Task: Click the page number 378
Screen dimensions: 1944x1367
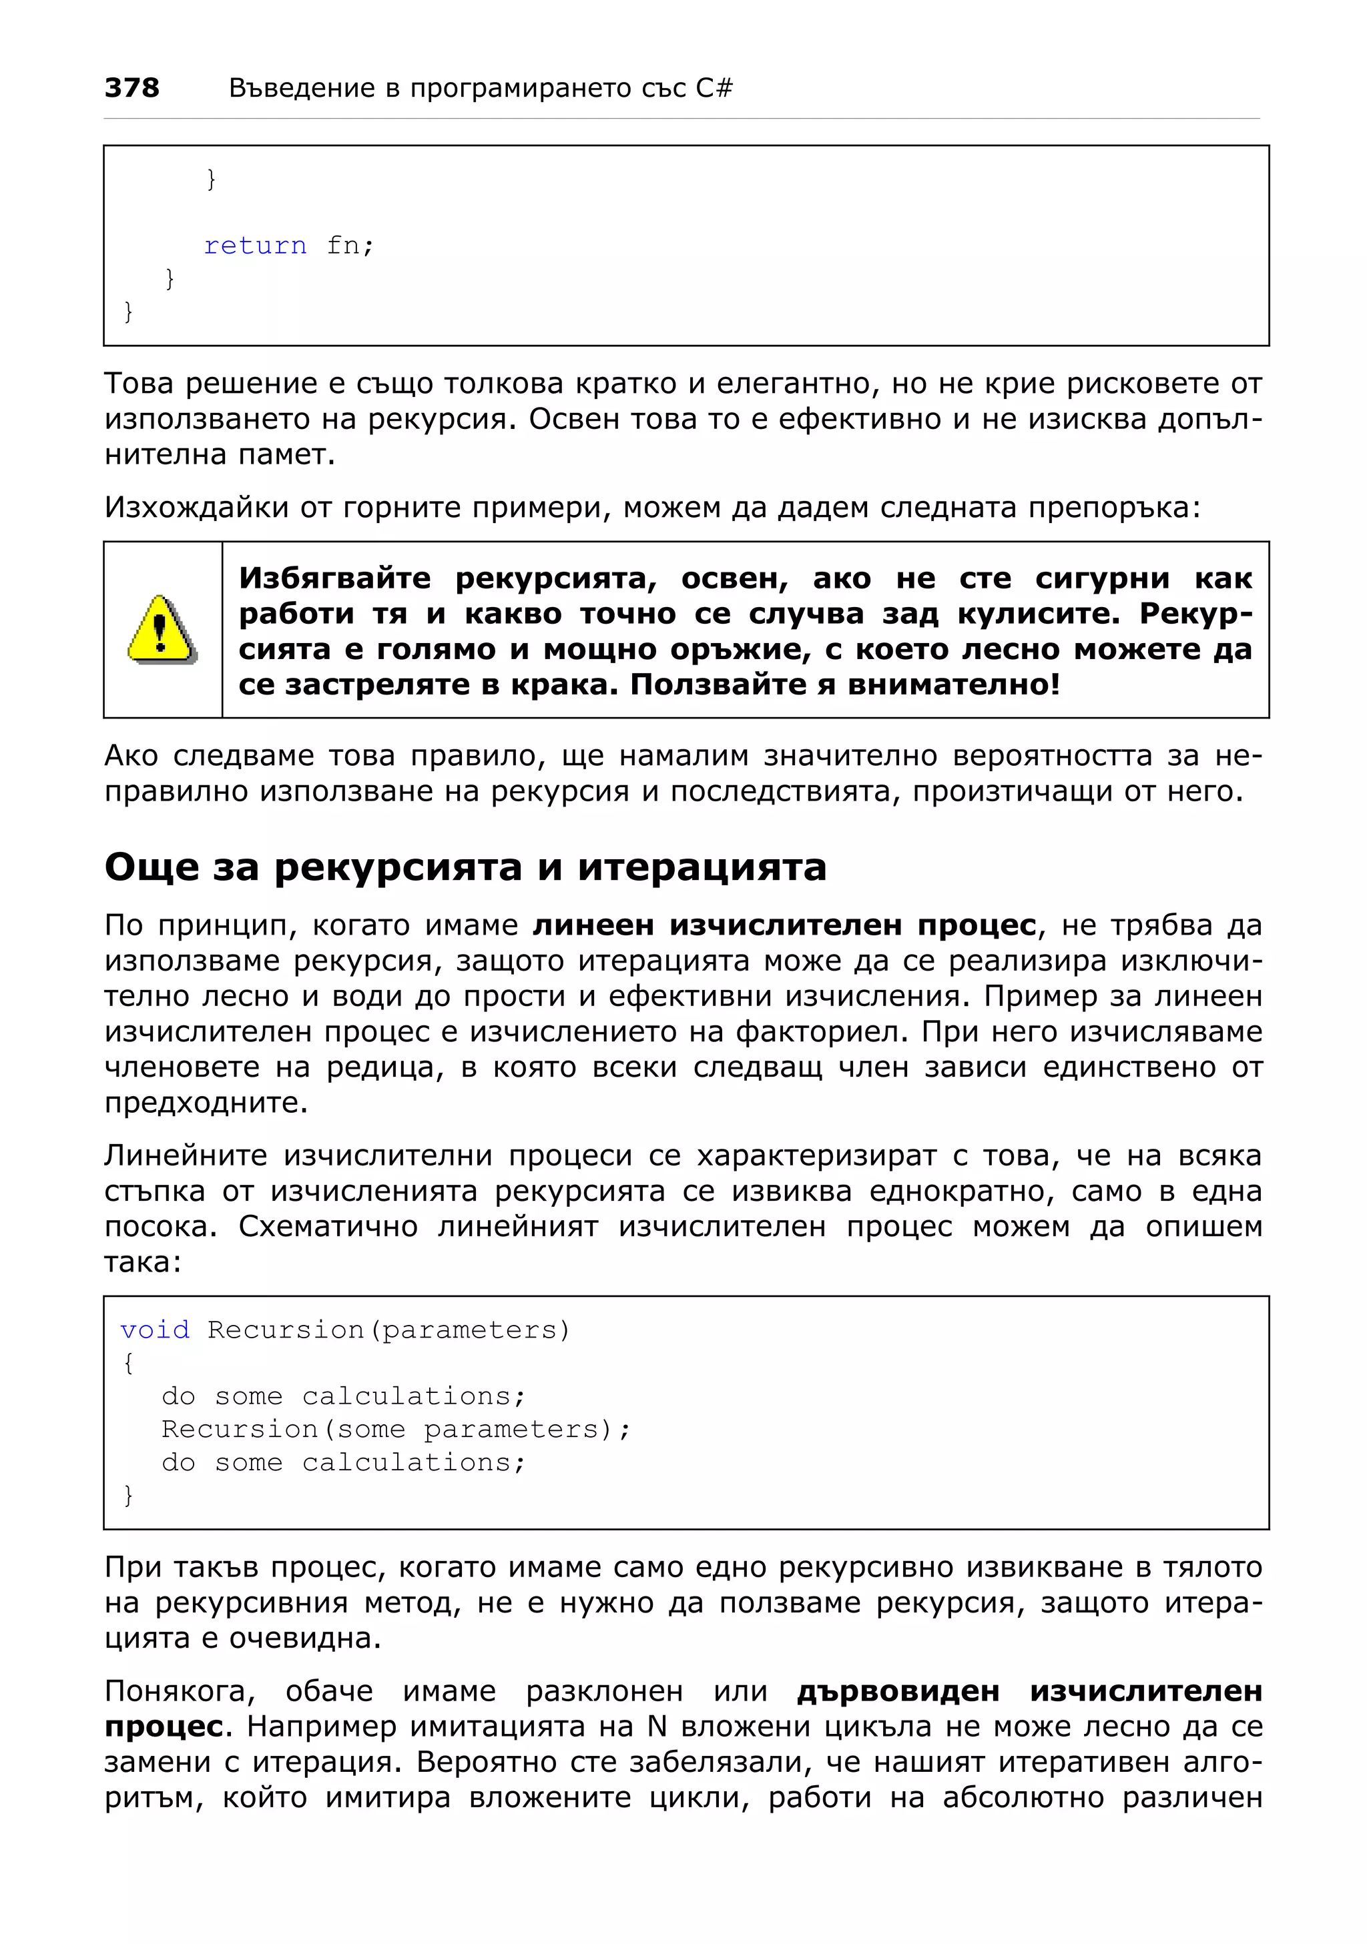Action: click(131, 87)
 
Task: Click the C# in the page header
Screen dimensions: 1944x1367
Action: click(714, 87)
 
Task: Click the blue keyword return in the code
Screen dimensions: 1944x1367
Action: click(255, 246)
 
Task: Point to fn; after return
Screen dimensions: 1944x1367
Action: click(350, 246)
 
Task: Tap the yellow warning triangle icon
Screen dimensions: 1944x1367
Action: click(162, 629)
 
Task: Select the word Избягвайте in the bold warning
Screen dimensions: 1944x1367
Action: click(334, 578)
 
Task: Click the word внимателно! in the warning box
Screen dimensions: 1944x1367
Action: click(954, 684)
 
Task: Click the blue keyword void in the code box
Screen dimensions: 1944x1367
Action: click(155, 1330)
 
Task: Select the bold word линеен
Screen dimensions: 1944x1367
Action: click(593, 925)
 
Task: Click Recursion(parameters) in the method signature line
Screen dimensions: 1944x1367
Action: click(388, 1330)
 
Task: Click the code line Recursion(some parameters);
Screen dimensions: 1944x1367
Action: click(396, 1429)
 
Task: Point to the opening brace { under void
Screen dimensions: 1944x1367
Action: click(129, 1363)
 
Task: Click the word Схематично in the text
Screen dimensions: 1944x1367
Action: click(328, 1226)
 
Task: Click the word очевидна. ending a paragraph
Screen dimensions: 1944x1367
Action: click(304, 1638)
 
